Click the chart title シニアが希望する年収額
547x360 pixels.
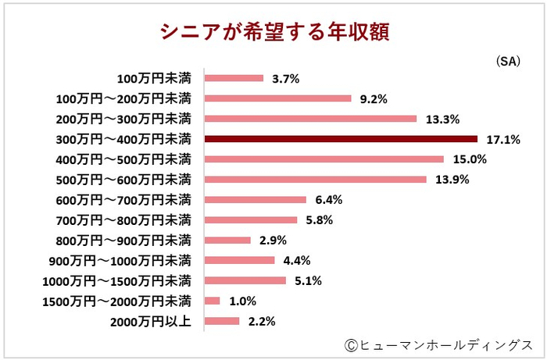273,32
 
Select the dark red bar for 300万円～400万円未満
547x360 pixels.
340,139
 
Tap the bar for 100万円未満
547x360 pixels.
234,78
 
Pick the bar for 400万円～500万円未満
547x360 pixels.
324,159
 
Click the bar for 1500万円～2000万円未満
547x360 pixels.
213,301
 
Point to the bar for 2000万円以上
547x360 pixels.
222,321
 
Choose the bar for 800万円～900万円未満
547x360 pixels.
227,240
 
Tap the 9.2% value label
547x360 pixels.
373,98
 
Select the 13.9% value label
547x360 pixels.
449,180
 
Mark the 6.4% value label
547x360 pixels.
328,200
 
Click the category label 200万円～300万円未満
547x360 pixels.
124,119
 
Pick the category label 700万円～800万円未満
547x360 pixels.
124,220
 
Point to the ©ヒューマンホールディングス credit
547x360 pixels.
438,344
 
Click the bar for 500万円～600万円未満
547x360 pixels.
315,180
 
